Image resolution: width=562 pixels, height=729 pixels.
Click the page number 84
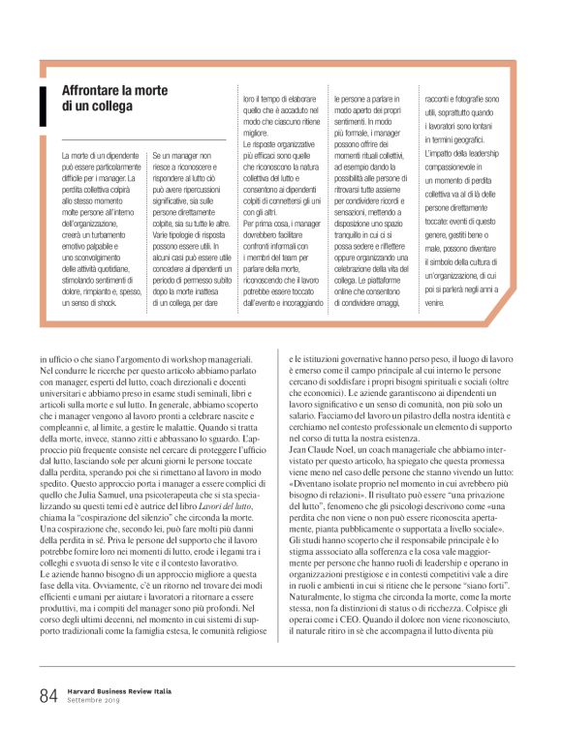point(47,693)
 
